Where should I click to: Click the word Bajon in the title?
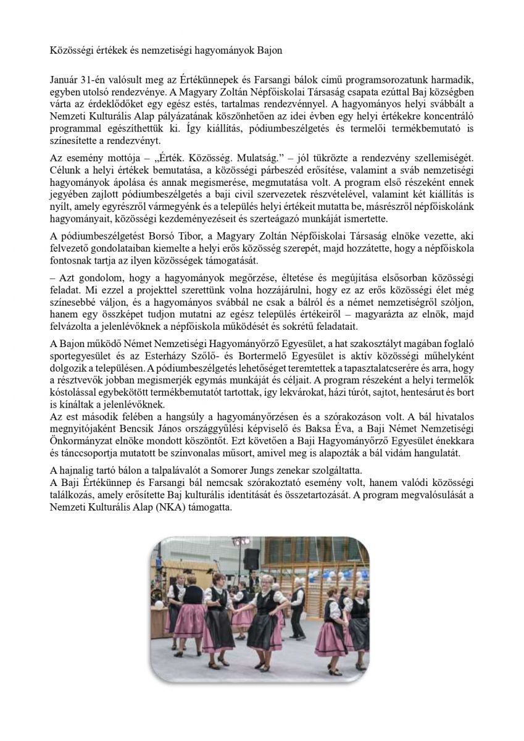pyautogui.click(x=270, y=51)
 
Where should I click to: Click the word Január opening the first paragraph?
pyautogui.click(x=65, y=80)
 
